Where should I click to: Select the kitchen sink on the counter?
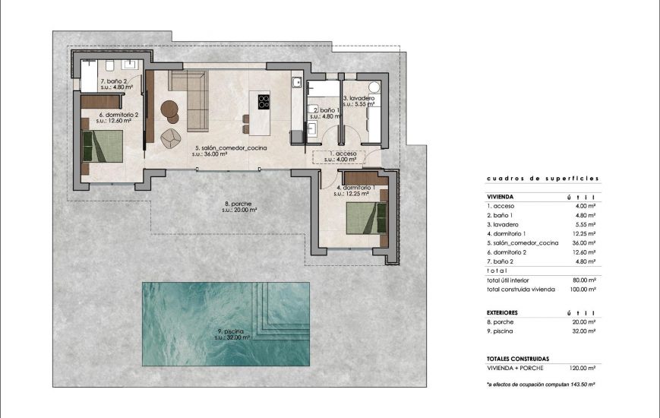(298, 81)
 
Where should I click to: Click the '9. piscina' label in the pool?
(223, 331)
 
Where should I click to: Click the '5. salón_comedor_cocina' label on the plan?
(230, 148)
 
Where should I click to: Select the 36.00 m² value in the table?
(584, 242)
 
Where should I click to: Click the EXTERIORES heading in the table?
(502, 312)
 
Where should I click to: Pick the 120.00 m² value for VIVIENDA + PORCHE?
(583, 366)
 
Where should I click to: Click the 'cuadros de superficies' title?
(542, 179)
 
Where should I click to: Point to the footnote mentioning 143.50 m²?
(541, 385)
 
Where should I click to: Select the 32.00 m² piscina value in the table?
(584, 331)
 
